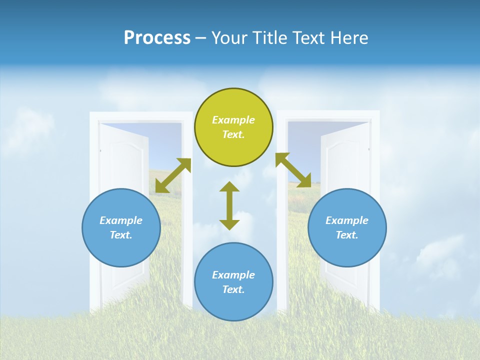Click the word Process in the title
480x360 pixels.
tap(157, 38)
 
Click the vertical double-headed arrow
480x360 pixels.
tap(229, 205)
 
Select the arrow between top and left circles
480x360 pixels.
tap(173, 175)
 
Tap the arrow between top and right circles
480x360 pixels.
tap(293, 170)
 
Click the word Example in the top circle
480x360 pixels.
tap(233, 120)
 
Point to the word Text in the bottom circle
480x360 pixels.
tap(232, 289)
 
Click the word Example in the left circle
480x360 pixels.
tap(121, 220)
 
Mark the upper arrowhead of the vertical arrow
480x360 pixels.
tap(229, 187)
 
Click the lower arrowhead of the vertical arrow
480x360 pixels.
tap(229, 224)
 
